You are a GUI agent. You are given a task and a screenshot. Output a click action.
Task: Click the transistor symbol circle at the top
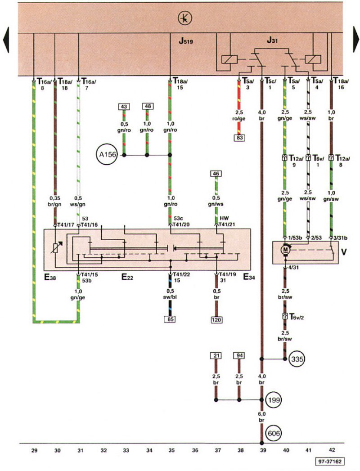pyautogui.click(x=185, y=18)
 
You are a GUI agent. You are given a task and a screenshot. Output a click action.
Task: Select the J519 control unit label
pyautogui.click(x=186, y=41)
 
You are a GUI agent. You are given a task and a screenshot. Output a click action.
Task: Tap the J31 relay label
pyautogui.click(x=272, y=40)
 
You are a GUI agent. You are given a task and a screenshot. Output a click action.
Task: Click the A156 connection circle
pyautogui.click(x=107, y=155)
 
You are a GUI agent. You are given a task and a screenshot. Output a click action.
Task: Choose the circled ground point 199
pyautogui.click(x=274, y=400)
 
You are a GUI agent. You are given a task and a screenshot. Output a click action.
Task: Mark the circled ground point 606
pyautogui.click(x=274, y=433)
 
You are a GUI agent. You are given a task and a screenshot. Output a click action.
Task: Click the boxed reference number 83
pyautogui.click(x=239, y=138)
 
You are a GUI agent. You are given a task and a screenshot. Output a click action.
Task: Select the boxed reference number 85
pyautogui.click(x=171, y=319)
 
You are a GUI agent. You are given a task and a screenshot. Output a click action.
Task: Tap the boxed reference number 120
pyautogui.click(x=216, y=319)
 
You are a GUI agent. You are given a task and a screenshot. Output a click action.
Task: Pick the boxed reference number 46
pyautogui.click(x=216, y=174)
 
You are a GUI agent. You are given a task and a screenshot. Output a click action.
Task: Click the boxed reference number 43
pyautogui.click(x=124, y=107)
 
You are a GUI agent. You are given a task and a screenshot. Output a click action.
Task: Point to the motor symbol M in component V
pyautogui.click(x=285, y=249)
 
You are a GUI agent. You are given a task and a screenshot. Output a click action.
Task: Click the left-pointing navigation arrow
pyautogui.click(x=6, y=40)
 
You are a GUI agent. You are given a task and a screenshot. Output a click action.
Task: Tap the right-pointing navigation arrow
pyautogui.click(x=356, y=39)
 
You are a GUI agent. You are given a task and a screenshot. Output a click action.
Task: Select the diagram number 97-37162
pyautogui.click(x=330, y=462)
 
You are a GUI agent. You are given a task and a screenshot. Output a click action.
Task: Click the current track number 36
pyautogui.click(x=195, y=450)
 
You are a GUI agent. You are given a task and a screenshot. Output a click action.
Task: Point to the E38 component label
pyautogui.click(x=50, y=277)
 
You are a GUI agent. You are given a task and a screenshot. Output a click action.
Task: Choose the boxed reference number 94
pyautogui.click(x=239, y=356)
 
